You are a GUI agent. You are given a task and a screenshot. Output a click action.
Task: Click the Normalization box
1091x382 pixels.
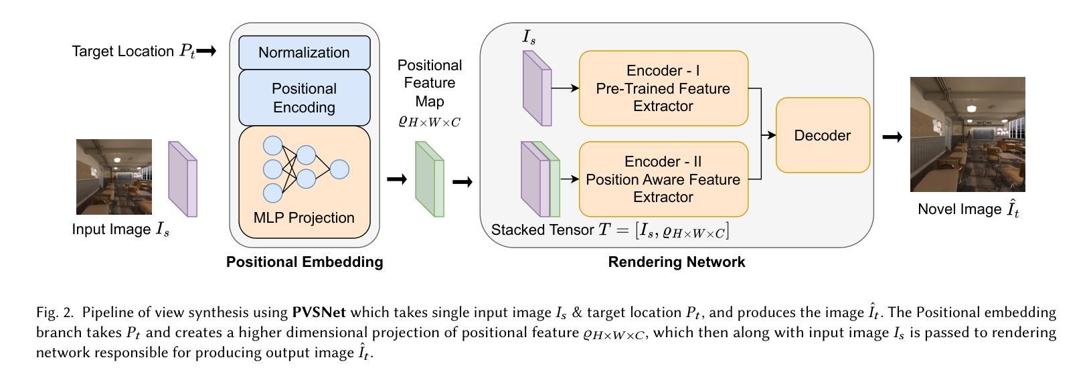304,53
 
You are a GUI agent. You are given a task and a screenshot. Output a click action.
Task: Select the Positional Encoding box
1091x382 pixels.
304,98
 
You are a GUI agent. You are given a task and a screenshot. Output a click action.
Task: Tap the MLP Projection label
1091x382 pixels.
304,218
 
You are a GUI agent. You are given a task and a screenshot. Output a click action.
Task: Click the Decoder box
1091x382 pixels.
822,136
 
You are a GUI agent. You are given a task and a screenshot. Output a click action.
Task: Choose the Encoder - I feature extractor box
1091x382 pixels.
663,88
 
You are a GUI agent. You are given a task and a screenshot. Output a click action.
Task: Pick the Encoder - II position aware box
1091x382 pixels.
663,179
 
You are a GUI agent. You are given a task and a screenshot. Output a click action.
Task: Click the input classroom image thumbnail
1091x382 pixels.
114,177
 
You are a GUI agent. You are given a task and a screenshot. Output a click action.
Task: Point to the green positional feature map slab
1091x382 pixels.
429,179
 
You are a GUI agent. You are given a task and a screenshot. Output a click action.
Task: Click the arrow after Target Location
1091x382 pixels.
207,51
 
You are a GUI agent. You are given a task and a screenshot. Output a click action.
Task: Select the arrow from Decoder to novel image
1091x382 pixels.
892,137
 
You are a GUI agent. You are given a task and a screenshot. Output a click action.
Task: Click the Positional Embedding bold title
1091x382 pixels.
305,262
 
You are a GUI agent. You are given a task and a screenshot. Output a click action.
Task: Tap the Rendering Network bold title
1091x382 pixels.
676,262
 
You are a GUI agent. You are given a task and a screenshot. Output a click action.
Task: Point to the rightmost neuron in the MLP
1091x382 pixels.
339,169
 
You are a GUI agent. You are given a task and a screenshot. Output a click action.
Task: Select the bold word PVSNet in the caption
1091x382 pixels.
318,312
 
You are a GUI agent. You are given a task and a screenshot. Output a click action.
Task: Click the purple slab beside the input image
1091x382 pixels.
183,179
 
